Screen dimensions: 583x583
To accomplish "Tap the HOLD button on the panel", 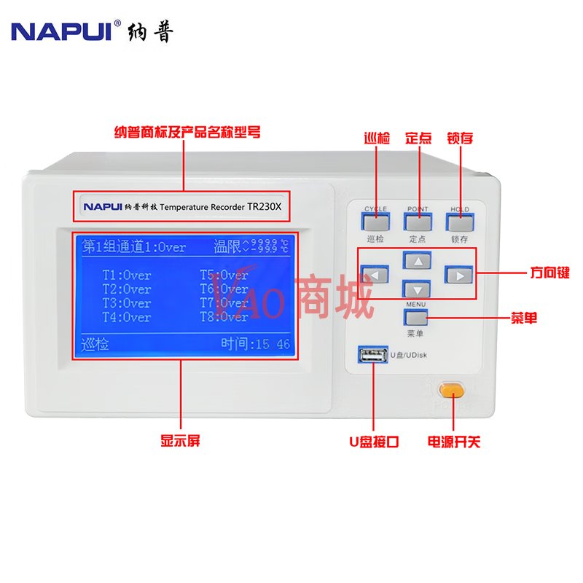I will pos(460,222).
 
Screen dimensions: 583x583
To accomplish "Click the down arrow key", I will pos(418,289).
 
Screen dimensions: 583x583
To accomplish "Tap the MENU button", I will pos(415,318).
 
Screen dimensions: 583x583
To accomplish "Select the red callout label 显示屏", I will pos(180,441).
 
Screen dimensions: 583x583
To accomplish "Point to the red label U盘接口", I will pos(373,442).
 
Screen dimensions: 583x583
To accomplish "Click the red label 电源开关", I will pos(453,442).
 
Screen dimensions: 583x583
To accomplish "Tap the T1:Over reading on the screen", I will pos(127,275).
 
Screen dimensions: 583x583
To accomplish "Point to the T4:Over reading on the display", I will pos(127,317).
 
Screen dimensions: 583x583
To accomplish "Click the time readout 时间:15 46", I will pos(256,344).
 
